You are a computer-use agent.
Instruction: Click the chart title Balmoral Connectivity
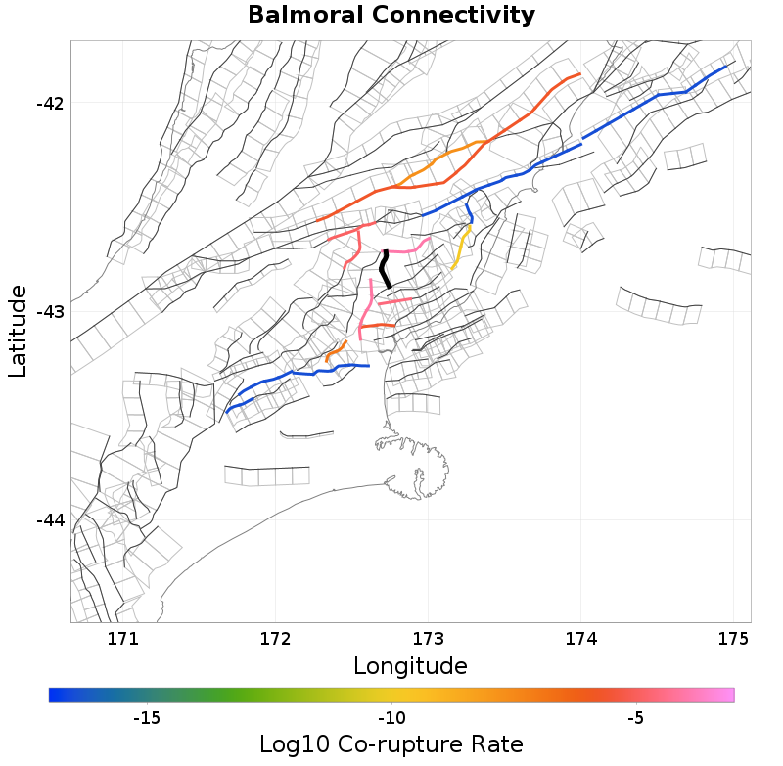(x=391, y=16)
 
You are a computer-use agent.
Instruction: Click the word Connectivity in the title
(x=454, y=16)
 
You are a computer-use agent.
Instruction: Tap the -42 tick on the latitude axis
(x=48, y=104)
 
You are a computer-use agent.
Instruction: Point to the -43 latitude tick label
(x=48, y=312)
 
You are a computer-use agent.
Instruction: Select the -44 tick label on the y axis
(x=48, y=519)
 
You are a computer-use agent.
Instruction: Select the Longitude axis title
(x=410, y=667)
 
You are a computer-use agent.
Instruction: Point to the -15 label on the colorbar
(x=146, y=718)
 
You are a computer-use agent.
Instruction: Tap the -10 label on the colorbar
(x=391, y=718)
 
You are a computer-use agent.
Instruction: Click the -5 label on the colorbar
(x=635, y=718)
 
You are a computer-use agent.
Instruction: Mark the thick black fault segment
(x=386, y=268)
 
